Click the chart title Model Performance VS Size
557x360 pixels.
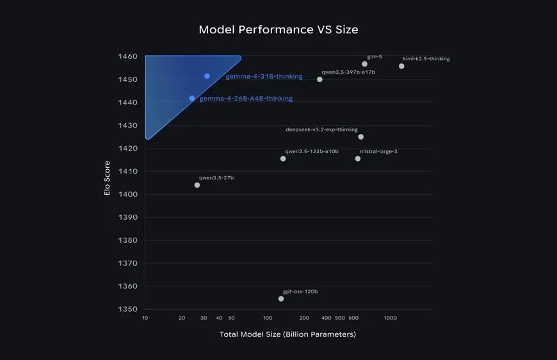coord(278,29)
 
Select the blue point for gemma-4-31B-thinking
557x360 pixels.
coord(207,76)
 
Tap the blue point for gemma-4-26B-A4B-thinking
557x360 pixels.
coord(192,98)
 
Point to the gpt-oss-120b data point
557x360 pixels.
coord(281,299)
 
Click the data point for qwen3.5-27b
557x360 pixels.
coord(197,185)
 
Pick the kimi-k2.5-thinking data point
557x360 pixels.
coord(401,66)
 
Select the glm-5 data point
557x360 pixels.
coord(365,64)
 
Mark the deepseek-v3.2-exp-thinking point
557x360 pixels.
coord(361,136)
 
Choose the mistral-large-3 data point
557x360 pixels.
coord(358,158)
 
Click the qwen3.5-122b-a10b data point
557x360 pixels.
coord(283,158)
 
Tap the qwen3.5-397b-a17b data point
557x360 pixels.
coord(319,79)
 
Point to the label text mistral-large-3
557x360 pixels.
coord(378,151)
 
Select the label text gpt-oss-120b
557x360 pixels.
coord(300,291)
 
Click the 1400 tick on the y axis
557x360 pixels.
coord(128,194)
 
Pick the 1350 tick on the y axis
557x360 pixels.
coord(128,309)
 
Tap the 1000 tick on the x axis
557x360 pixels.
coord(391,318)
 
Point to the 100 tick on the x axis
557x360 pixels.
coord(268,318)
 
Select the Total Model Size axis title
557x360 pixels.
coord(287,334)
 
